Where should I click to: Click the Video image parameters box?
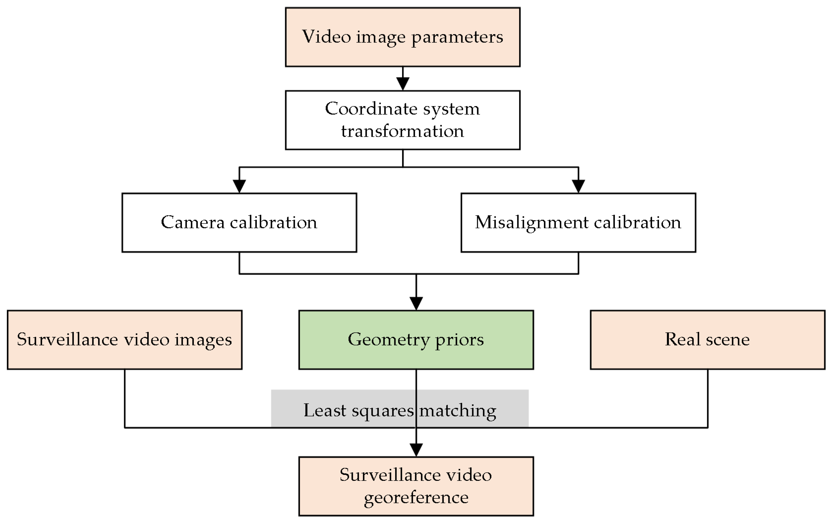[402, 37]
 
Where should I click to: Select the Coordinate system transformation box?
[402, 120]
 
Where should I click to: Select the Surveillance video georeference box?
[416, 486]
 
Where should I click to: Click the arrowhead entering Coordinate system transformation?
[403, 84]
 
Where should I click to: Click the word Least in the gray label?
[324, 411]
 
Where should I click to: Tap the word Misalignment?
[531, 223]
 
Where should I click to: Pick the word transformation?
[402, 131]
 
